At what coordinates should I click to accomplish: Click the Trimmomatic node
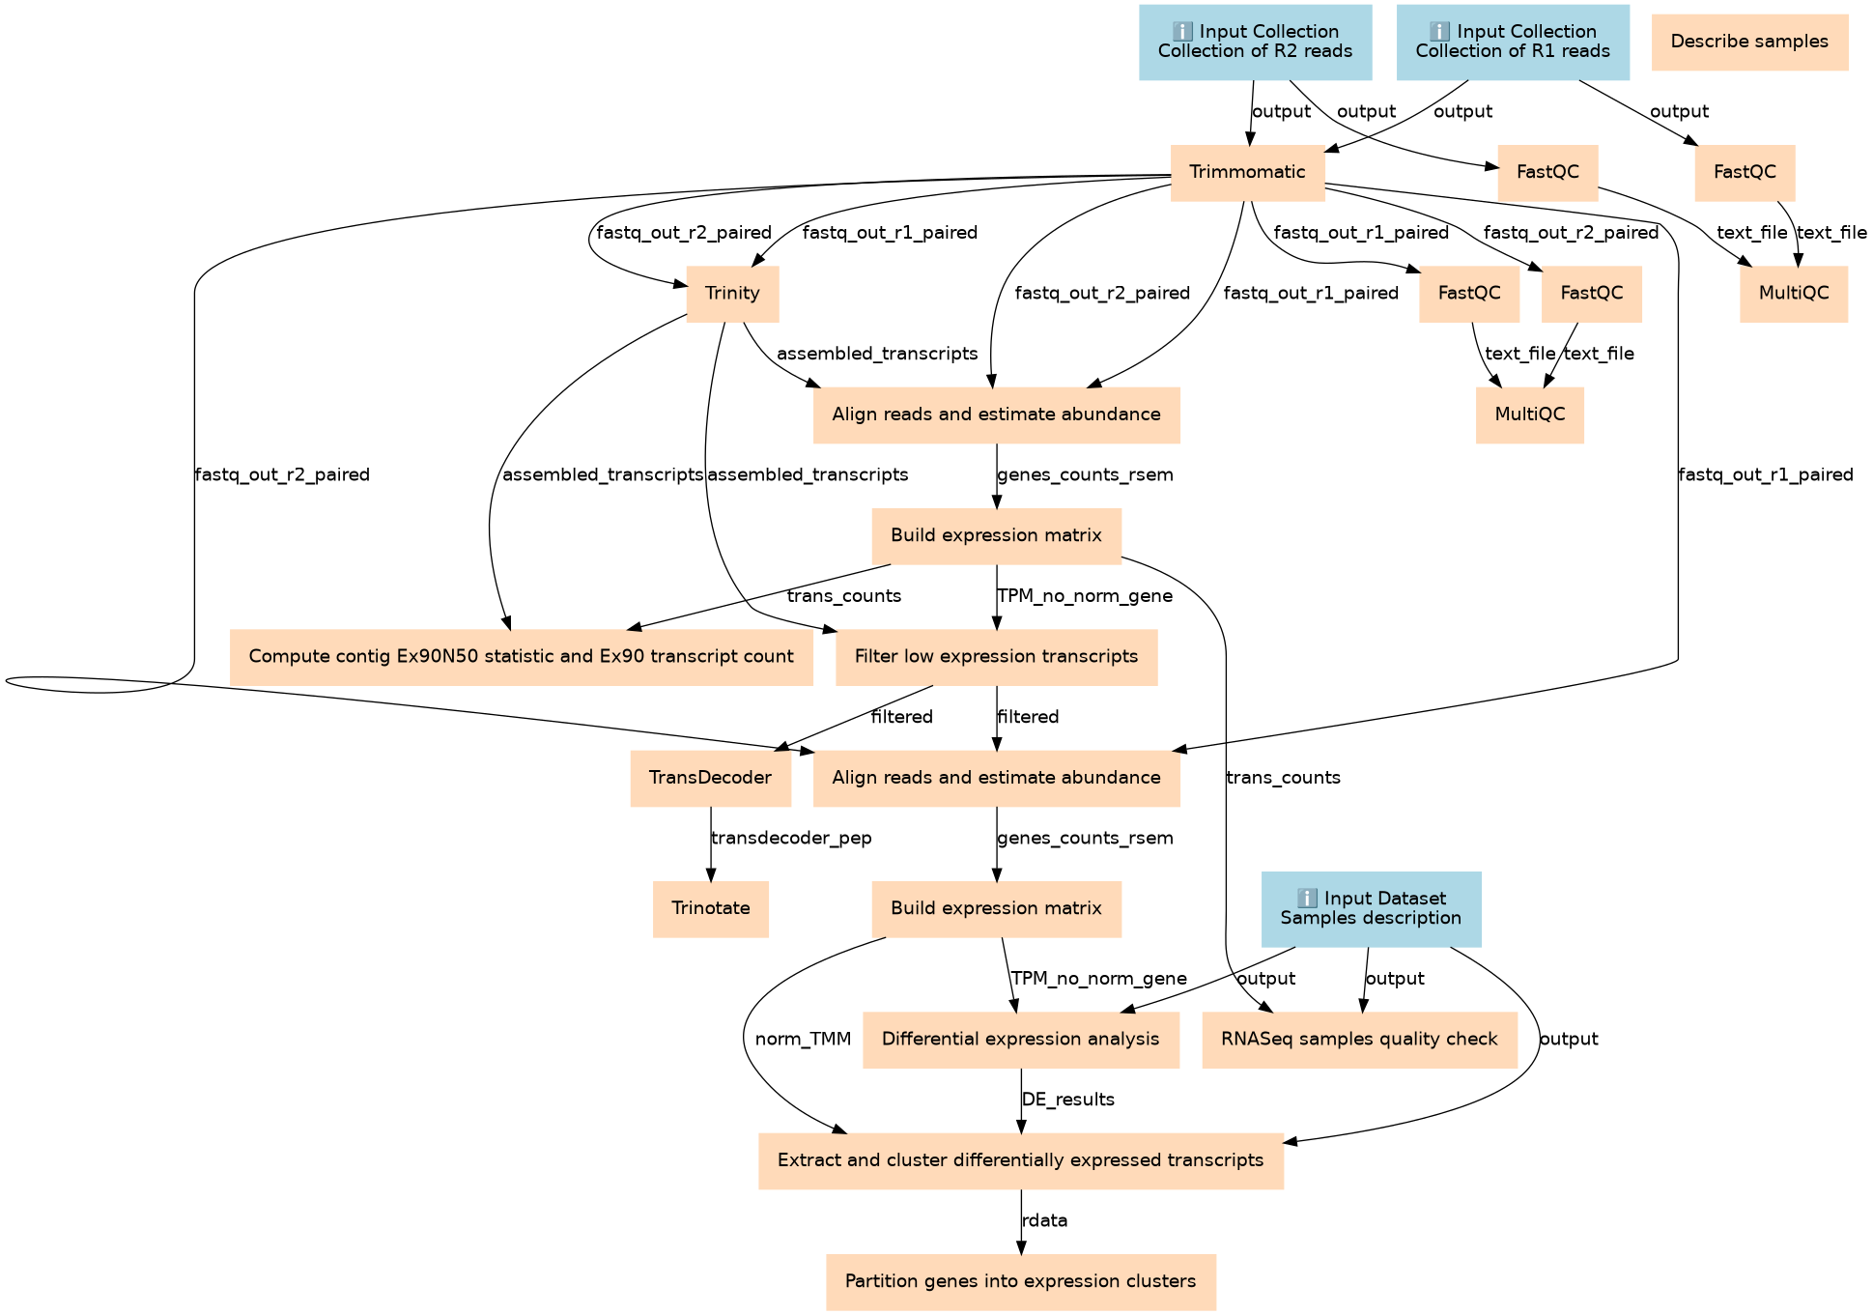pos(1247,173)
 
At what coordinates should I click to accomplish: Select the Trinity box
pos(732,294)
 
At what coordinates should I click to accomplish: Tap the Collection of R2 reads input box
pos(1255,42)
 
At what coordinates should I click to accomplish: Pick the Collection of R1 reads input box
pos(1513,42)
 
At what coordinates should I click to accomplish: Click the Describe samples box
pos(1749,42)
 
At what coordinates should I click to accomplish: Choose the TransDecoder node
pos(710,778)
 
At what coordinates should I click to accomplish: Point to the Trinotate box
pos(710,908)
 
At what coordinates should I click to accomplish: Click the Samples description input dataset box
pos(1371,908)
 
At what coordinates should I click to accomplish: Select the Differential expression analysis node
pos(1020,1040)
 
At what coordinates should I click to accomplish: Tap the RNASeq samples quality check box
pos(1359,1040)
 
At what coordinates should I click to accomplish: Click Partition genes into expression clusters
pos(1020,1282)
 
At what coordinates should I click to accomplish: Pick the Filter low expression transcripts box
pos(996,657)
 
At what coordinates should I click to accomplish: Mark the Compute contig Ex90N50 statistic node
pos(521,657)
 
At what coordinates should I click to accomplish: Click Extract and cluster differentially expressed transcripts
pos(1020,1160)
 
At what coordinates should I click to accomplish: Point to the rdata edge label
pos(1044,1221)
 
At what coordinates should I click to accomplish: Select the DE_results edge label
pos(1067,1100)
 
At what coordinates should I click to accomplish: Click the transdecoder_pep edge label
pos(791,839)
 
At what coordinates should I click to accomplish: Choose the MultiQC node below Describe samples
pos(1794,294)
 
